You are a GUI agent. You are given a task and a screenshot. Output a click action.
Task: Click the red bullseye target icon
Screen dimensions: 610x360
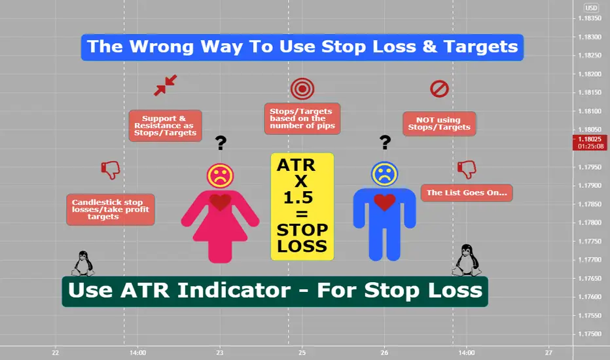[302, 89]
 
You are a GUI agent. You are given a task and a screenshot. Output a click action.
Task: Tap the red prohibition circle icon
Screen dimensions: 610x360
[439, 89]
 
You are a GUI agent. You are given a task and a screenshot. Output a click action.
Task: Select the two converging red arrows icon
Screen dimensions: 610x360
[166, 85]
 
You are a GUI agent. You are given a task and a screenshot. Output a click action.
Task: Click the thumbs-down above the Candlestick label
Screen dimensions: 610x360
[111, 170]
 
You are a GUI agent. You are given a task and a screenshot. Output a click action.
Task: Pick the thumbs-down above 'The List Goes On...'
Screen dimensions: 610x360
[467, 170]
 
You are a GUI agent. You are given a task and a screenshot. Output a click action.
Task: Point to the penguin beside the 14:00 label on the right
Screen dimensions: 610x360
[467, 261]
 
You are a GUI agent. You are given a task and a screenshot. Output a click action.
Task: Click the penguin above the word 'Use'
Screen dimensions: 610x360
[83, 264]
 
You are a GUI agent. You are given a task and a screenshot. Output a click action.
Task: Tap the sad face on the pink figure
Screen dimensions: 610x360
[220, 176]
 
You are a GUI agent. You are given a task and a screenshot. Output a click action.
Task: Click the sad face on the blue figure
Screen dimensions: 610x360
[384, 174]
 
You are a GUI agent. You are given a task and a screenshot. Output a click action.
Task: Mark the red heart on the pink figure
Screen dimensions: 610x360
[220, 202]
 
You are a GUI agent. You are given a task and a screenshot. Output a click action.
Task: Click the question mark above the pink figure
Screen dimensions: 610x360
[221, 143]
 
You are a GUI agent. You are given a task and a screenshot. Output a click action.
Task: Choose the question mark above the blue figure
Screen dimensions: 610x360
[385, 143]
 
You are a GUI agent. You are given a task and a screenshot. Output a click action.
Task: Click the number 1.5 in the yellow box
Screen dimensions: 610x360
[298, 198]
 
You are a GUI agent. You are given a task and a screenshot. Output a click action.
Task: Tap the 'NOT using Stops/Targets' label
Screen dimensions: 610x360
[439, 124]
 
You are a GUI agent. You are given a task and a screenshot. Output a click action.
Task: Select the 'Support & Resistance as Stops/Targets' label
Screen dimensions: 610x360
[166, 126]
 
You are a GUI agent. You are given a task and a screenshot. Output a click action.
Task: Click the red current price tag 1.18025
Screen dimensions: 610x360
[590, 143]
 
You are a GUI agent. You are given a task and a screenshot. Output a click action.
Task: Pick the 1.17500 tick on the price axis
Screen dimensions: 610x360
[590, 334]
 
